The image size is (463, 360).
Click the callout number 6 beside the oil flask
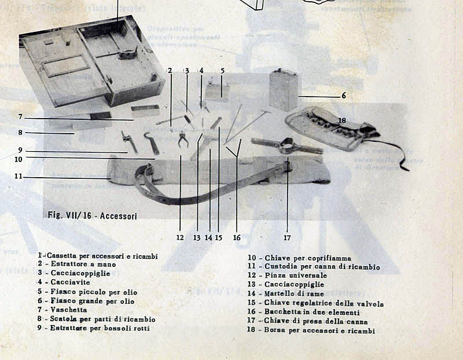(343, 95)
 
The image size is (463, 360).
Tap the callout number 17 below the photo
(287, 237)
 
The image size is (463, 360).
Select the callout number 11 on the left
(19, 176)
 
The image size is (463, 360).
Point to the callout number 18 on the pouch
(342, 120)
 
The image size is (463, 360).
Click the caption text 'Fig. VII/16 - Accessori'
(93, 216)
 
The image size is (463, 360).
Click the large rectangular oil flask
(284, 90)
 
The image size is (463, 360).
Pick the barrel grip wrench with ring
(286, 145)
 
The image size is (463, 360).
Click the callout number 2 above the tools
(170, 71)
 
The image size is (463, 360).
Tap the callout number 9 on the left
(20, 150)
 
